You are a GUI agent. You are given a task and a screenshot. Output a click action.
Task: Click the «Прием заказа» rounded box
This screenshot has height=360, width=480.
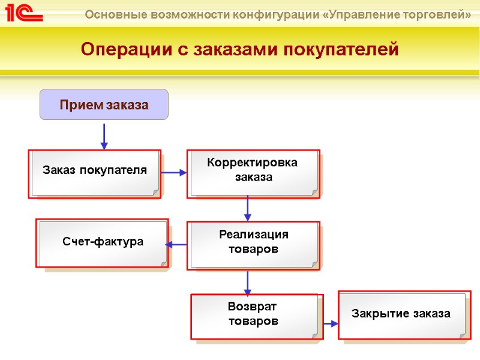pos(104,104)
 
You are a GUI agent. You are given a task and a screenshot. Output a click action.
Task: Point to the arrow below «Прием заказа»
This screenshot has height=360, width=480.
pos(104,137)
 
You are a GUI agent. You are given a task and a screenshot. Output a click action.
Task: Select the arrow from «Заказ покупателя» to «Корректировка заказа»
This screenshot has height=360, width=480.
pos(175,173)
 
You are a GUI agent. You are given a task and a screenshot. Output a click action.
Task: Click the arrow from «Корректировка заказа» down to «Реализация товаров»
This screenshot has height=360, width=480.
pos(248,209)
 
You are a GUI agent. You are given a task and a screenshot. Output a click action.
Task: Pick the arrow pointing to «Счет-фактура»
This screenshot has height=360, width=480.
pos(176,244)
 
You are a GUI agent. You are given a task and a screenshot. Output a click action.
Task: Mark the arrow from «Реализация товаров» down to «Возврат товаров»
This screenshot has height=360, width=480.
pos(248,283)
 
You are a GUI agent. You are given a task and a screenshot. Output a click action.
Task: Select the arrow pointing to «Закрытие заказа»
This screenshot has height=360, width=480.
pos(331,323)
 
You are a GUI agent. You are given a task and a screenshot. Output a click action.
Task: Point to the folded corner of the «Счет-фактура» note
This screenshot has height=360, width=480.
pos(163,263)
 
